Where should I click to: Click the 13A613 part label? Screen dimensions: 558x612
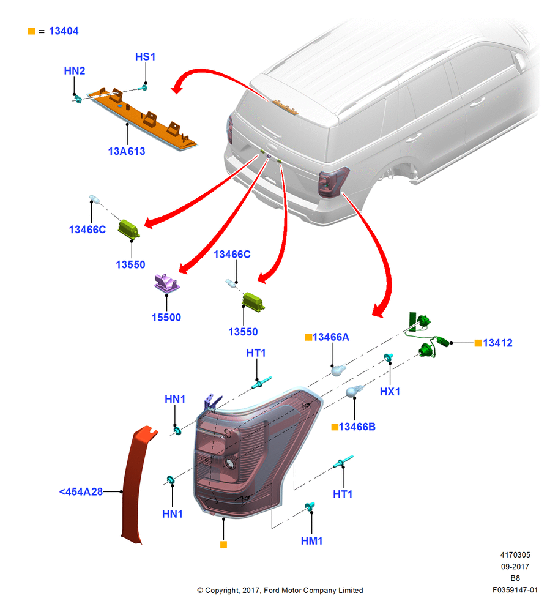(x=127, y=151)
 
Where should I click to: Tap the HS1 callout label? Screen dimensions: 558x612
(x=145, y=56)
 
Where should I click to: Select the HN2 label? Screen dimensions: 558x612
(x=75, y=70)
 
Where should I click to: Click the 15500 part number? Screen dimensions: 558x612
(x=166, y=317)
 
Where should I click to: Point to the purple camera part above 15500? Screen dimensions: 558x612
(x=166, y=283)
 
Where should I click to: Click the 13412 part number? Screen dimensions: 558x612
(x=497, y=343)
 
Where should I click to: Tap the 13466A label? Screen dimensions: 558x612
(x=330, y=337)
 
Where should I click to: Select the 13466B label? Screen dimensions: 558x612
(x=357, y=427)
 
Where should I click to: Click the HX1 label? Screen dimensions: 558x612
(x=390, y=392)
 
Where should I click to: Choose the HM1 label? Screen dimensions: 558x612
(x=312, y=540)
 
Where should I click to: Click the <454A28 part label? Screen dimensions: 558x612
(x=81, y=491)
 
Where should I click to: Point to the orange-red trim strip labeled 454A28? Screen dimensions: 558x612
(x=136, y=484)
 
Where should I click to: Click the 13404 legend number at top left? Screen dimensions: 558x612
(x=64, y=31)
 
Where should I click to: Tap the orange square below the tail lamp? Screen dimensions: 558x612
(x=223, y=545)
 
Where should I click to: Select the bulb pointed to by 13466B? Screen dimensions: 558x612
(x=354, y=390)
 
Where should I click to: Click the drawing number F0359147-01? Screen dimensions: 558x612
(x=515, y=590)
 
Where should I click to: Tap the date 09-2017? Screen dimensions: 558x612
(x=515, y=566)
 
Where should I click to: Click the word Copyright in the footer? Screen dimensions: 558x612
(x=222, y=590)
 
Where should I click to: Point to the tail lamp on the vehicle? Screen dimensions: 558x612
(x=332, y=182)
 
